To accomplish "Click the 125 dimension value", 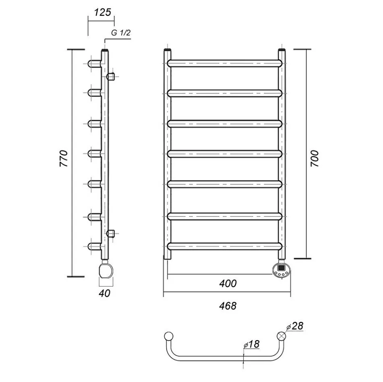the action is coord(103,12).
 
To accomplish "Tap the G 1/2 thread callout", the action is coord(121,33).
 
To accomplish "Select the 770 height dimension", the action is coord(64,159).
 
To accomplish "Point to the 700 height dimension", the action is coord(315,159).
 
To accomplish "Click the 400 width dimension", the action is coord(228,284).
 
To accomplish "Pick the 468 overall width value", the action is coord(228,306).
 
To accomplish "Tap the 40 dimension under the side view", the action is coord(105,293).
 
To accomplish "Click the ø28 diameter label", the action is coord(295,326).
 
